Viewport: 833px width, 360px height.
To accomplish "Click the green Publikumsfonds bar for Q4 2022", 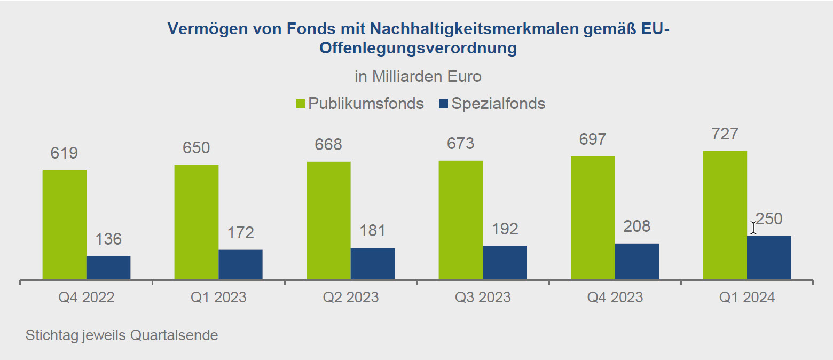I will point(64,224).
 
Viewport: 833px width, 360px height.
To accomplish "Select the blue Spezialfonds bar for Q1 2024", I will point(769,257).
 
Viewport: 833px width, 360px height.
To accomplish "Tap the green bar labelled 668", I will point(328,220).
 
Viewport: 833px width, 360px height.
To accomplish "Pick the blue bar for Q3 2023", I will point(505,263).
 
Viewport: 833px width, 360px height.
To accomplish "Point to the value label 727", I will point(725,134).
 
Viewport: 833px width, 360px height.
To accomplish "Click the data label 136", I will point(108,239).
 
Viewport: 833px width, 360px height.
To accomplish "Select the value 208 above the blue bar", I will point(637,226).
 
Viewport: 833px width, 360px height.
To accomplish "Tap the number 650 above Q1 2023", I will point(197,147).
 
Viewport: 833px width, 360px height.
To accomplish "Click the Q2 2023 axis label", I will point(351,297).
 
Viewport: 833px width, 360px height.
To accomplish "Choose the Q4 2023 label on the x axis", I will point(615,297).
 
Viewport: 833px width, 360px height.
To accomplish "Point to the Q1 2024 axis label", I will point(747,297).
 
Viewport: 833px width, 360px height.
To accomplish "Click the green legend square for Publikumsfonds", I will point(300,104).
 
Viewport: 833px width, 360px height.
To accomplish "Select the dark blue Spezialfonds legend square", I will point(443,104).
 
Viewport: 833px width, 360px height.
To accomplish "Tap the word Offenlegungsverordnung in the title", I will point(418,48).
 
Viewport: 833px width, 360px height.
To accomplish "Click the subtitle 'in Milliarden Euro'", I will point(418,76).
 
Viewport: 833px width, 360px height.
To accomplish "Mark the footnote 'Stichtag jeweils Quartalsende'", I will point(122,335).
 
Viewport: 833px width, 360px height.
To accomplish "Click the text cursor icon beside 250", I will point(753,228).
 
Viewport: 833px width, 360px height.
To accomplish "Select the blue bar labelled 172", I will point(240,264).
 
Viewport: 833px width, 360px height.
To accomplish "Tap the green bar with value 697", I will point(593,217).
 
